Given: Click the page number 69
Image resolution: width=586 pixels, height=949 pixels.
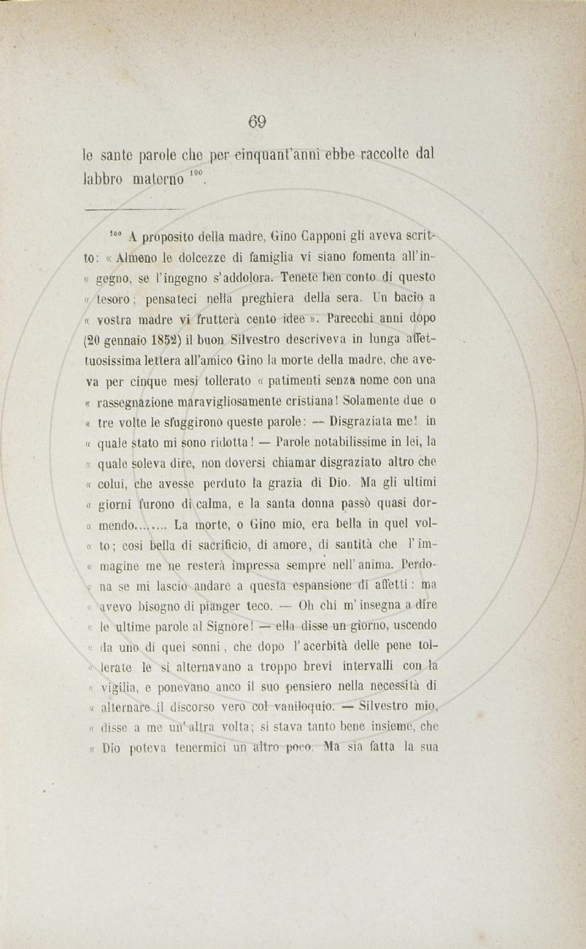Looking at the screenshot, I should click(256, 121).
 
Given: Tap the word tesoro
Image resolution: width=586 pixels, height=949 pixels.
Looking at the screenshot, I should click(115, 299).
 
